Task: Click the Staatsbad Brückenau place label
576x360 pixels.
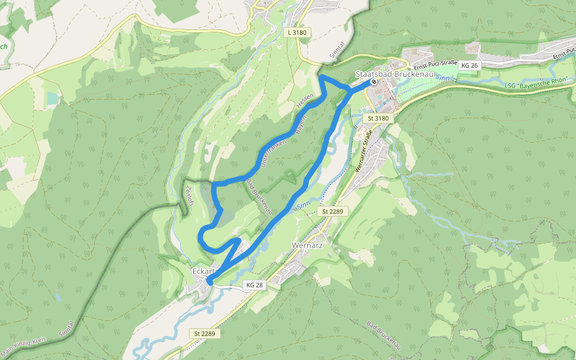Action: click(390, 74)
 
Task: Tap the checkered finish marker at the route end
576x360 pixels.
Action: click(373, 82)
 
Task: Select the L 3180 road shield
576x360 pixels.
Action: click(297, 32)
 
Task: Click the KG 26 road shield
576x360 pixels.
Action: click(469, 65)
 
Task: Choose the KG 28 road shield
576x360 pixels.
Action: click(254, 284)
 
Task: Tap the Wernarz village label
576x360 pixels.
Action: click(307, 245)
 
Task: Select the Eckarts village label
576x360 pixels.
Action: click(199, 271)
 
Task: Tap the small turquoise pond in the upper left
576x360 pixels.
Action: click(53, 98)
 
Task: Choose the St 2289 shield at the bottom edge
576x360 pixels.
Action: click(205, 333)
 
